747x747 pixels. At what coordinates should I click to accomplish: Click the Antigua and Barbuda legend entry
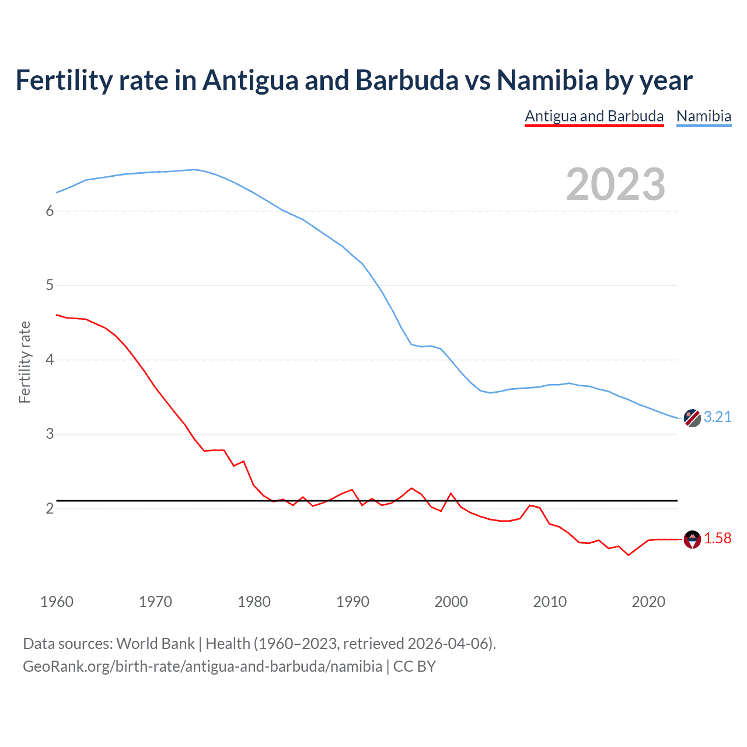click(594, 116)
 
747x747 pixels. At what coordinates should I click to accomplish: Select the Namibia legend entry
click(703, 116)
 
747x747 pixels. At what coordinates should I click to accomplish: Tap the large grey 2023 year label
click(615, 184)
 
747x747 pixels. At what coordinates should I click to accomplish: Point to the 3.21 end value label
click(717, 417)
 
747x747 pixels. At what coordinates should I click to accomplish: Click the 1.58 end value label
click(717, 538)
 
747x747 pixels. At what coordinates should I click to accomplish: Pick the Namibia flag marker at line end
click(692, 418)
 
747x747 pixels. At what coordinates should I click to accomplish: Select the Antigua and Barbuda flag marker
click(692, 539)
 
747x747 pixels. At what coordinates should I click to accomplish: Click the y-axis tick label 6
click(50, 211)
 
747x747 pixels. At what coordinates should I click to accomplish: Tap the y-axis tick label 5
click(50, 285)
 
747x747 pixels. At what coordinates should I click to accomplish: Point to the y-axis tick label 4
click(50, 359)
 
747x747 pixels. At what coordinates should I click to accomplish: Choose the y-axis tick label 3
click(50, 434)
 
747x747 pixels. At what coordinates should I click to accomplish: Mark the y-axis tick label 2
click(50, 508)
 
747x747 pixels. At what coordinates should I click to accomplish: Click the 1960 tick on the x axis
click(57, 602)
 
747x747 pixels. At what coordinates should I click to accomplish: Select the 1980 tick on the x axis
click(254, 602)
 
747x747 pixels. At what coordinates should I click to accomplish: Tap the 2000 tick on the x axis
click(451, 602)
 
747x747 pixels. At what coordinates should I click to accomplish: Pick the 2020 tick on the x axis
click(648, 602)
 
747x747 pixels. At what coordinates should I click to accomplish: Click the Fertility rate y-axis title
click(25, 362)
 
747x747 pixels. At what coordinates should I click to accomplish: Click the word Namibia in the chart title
click(547, 80)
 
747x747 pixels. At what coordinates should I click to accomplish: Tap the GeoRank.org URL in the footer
click(203, 666)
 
